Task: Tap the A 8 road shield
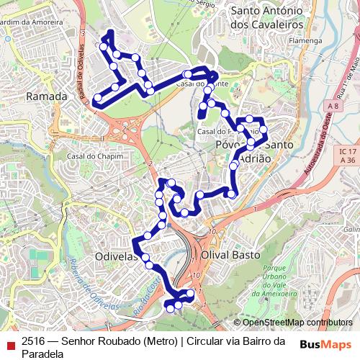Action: tap(331, 107)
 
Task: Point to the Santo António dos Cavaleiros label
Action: tap(264, 18)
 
